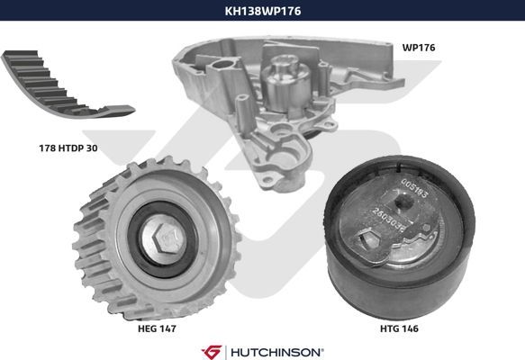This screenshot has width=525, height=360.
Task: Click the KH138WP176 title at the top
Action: point(263,11)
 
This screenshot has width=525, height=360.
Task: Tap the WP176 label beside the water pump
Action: point(419,48)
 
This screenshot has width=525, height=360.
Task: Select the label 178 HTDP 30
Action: point(68,148)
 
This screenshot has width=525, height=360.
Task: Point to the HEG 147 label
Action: point(157,328)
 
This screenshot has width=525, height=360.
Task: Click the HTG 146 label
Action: point(399,328)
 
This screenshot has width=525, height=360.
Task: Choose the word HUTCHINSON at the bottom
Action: point(276,352)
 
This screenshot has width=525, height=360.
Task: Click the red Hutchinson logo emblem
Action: point(212,352)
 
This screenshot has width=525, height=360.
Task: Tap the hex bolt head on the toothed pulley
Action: point(165,238)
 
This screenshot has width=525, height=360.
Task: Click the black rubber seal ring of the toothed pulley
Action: point(163,239)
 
